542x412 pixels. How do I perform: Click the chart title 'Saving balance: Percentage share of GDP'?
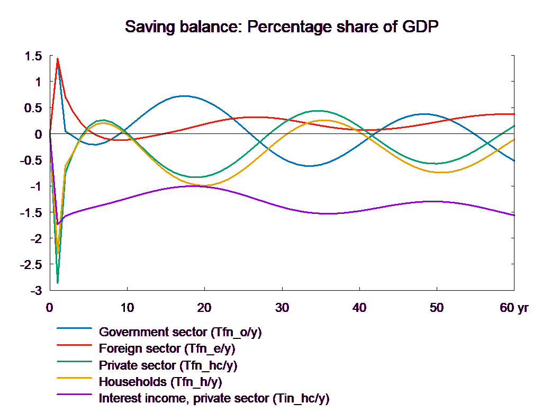click(x=283, y=26)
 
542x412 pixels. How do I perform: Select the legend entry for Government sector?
click(x=180, y=333)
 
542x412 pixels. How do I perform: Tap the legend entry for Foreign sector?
click(x=167, y=349)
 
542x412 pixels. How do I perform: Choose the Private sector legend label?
click(x=168, y=365)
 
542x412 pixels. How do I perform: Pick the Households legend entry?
click(x=160, y=382)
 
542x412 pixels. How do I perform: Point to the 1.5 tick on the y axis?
click(x=33, y=56)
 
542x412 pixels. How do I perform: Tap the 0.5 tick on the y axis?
click(x=33, y=108)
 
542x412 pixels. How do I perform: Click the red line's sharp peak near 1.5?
click(x=58, y=59)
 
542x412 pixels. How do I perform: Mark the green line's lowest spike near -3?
click(x=58, y=282)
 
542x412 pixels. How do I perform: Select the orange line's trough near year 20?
click(x=205, y=185)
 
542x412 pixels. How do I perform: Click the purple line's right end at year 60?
click(x=514, y=215)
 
